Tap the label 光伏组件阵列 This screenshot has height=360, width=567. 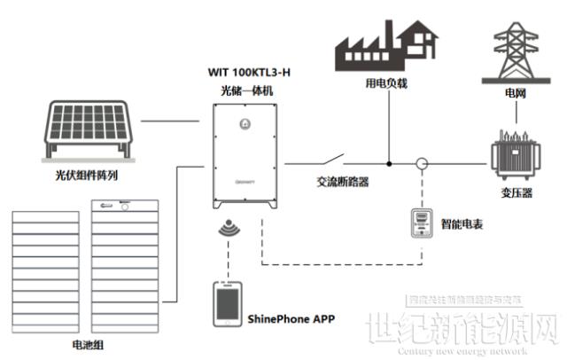(86, 176)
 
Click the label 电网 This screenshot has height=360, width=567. (515, 92)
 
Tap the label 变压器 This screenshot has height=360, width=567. (515, 194)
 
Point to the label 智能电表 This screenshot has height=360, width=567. (461, 224)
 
